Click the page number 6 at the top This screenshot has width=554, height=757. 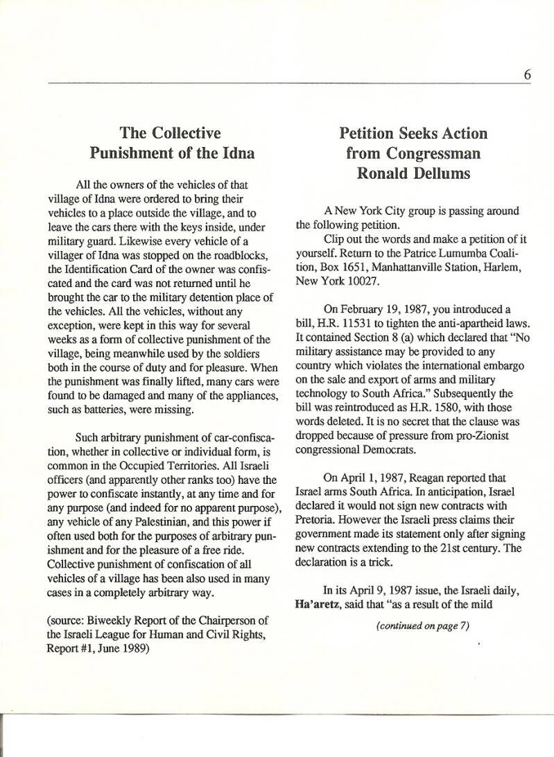pos(528,74)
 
